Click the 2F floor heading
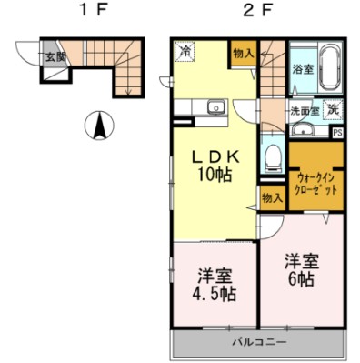[x=257, y=11]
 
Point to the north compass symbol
[x=100, y=125]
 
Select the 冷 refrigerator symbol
[x=185, y=52]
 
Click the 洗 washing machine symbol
[x=333, y=109]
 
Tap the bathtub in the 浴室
[x=330, y=67]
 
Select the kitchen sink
[x=215, y=107]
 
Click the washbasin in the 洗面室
[x=303, y=131]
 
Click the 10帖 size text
[x=215, y=175]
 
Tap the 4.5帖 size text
[x=215, y=293]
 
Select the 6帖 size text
[x=301, y=279]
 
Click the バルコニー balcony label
[x=259, y=343]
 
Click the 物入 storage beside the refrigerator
[x=244, y=54]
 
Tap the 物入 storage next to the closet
[x=273, y=198]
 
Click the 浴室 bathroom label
[x=303, y=69]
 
